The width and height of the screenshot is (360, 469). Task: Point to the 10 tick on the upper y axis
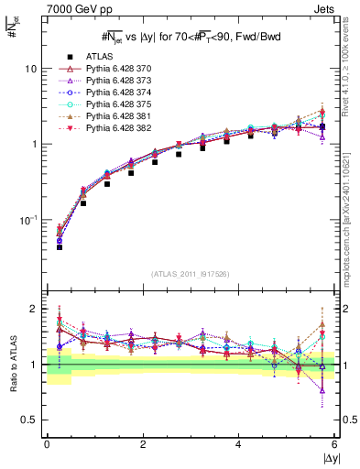[x=30, y=70]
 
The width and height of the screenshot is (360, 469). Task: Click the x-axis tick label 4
[x=239, y=444]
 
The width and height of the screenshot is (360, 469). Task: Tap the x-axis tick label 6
[x=335, y=444]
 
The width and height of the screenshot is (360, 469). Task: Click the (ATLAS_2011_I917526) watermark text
[x=191, y=273]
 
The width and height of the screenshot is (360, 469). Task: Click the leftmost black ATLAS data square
[x=59, y=247]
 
